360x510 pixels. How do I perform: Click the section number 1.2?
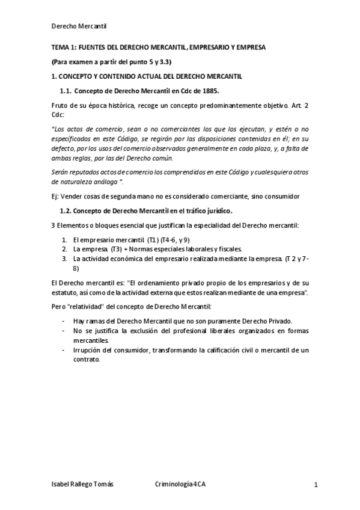pos(66,211)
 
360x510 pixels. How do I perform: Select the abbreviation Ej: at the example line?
pos(55,196)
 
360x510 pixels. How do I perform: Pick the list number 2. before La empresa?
pos(65,248)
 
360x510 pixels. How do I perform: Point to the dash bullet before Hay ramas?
pos(64,321)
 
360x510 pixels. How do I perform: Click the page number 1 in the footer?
pos(315,485)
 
